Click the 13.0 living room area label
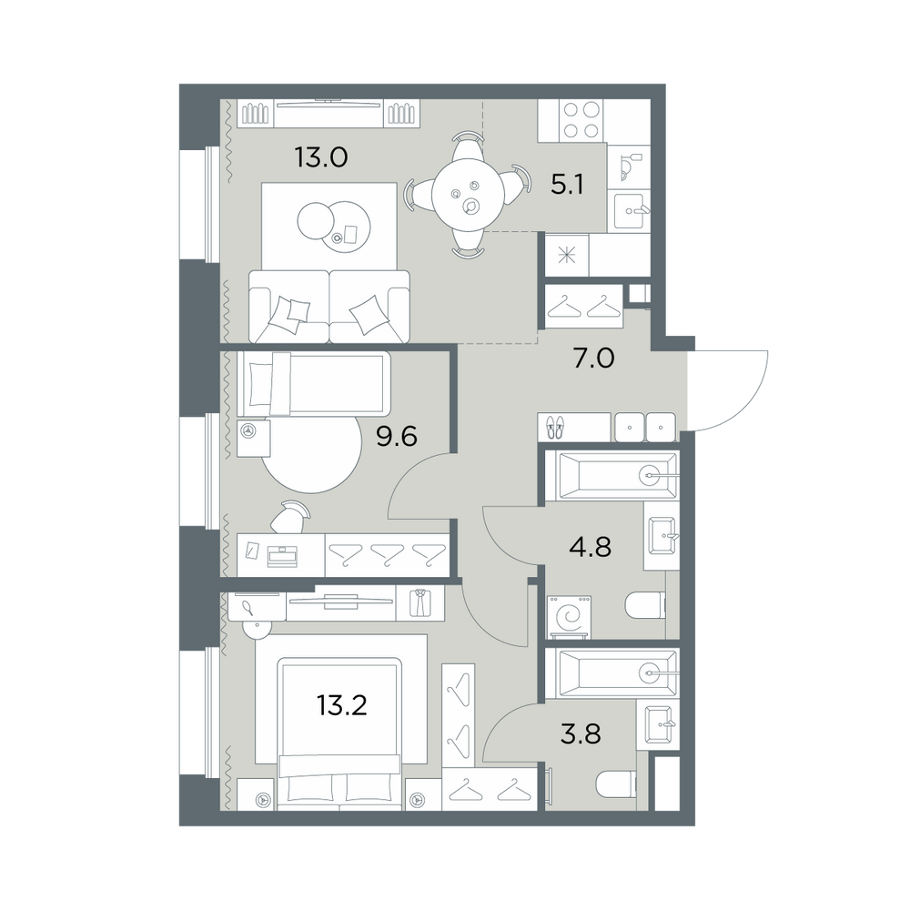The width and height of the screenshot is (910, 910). [x=321, y=157]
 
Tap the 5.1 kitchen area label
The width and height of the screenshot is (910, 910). [x=567, y=186]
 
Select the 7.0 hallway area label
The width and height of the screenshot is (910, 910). [x=593, y=359]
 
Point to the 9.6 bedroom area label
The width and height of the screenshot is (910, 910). [x=397, y=437]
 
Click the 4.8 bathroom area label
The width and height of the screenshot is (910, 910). [x=590, y=547]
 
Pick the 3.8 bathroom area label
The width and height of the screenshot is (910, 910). [x=581, y=733]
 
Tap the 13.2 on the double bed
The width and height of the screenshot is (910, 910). [x=342, y=706]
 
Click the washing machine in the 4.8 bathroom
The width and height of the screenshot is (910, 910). [x=569, y=618]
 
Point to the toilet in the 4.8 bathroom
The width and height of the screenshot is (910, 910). [x=645, y=606]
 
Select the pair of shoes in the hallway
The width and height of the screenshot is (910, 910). [x=555, y=427]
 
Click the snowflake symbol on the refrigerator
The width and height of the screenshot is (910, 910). [x=566, y=256]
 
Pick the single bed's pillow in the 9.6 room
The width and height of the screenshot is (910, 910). [x=260, y=384]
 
